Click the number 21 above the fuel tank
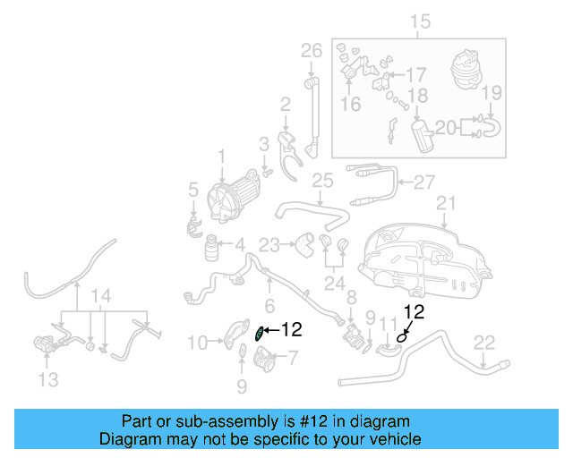click(446, 203)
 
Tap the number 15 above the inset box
click(419, 21)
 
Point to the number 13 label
click(48, 380)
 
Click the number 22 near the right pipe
click(483, 341)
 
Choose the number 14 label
click(103, 296)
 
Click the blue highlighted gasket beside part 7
click(260, 333)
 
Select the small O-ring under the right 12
click(402, 336)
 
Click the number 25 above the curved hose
click(321, 182)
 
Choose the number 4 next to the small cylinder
click(240, 243)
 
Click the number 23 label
click(269, 243)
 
